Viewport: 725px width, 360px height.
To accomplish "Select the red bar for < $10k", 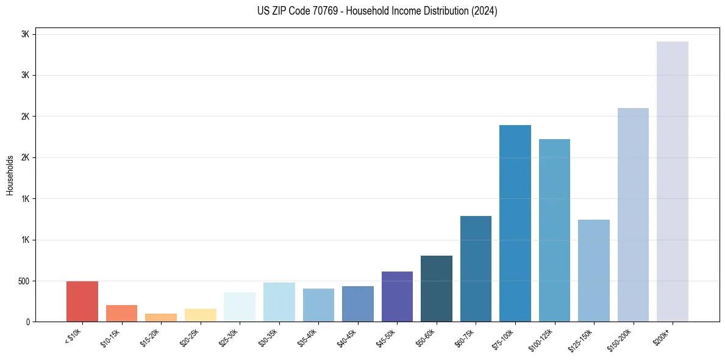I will click(x=82, y=301).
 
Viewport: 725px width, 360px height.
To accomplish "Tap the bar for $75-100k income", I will click(x=515, y=223).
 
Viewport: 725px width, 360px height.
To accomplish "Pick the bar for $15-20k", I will click(x=161, y=317).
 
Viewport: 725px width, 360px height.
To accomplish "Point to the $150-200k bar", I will click(x=633, y=215).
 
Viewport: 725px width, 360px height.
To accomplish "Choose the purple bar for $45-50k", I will click(x=397, y=297).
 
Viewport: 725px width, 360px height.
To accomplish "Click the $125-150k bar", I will click(x=593, y=270).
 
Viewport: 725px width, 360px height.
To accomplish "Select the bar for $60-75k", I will click(x=476, y=268).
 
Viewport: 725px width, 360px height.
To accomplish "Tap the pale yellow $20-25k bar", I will click(x=200, y=315).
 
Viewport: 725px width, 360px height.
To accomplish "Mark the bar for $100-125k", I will click(x=554, y=230).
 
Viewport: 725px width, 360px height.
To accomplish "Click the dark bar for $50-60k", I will click(x=437, y=289).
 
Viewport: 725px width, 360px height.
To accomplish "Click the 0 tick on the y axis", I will click(x=28, y=322).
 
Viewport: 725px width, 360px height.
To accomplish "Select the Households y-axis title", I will click(x=10, y=175).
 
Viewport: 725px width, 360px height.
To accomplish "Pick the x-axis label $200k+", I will click(x=662, y=336).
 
